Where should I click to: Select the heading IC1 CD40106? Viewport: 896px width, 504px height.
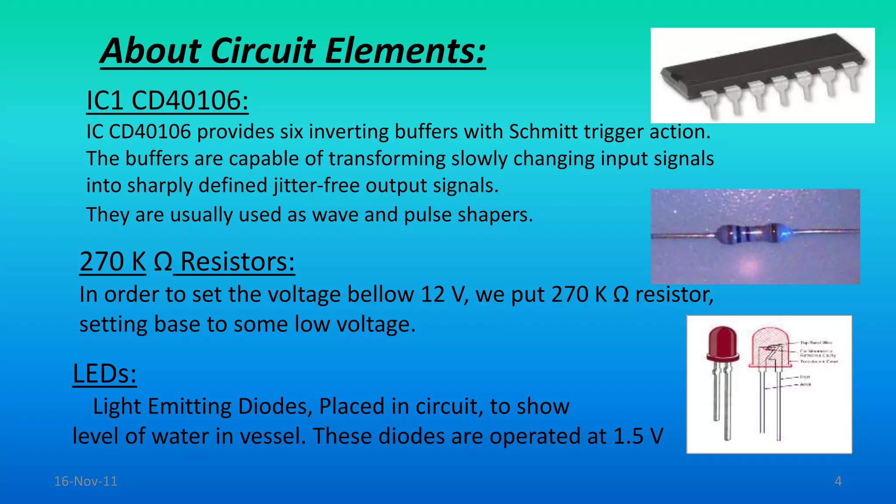pyautogui.click(x=168, y=100)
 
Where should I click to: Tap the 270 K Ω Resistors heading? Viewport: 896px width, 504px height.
pyautogui.click(x=187, y=262)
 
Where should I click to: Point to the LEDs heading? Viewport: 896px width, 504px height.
pyautogui.click(x=105, y=374)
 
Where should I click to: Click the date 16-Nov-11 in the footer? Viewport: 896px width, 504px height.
pyautogui.click(x=86, y=481)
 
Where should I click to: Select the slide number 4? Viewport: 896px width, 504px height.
pyautogui.click(x=838, y=481)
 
